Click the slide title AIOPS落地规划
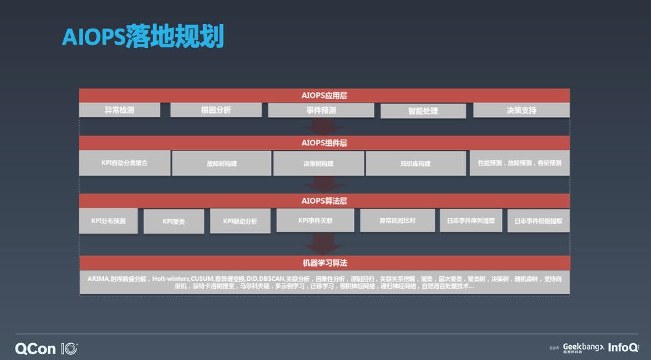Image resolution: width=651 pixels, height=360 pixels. tap(143, 36)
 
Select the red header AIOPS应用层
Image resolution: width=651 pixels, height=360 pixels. tap(324, 95)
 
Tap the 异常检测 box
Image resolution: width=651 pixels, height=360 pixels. tap(119, 110)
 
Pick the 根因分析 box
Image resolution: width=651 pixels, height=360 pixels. tap(216, 110)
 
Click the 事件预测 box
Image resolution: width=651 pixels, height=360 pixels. tap(321, 110)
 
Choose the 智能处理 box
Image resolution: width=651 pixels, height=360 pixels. tap(423, 111)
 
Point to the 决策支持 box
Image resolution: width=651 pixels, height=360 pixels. tap(521, 110)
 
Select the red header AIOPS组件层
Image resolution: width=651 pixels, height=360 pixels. tap(324, 143)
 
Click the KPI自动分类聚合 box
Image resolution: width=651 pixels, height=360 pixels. tap(124, 163)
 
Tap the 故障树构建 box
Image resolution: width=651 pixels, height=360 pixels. tap(221, 163)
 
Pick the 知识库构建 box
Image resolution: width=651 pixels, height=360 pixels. tap(416, 163)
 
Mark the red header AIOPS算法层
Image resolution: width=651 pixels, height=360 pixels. tap(324, 200)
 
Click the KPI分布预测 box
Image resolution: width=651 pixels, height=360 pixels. tap(108, 221)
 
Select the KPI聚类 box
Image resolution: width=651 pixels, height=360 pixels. tap(174, 221)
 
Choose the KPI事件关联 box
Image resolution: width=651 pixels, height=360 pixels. tap(315, 221)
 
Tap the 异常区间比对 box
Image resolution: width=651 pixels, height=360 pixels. tap(397, 221)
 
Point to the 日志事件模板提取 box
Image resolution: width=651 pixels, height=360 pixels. tap(538, 221)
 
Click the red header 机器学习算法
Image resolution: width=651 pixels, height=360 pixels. tap(324, 263)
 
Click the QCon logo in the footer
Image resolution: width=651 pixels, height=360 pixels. tap(45, 348)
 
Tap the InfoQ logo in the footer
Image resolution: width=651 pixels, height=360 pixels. tap(623, 347)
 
